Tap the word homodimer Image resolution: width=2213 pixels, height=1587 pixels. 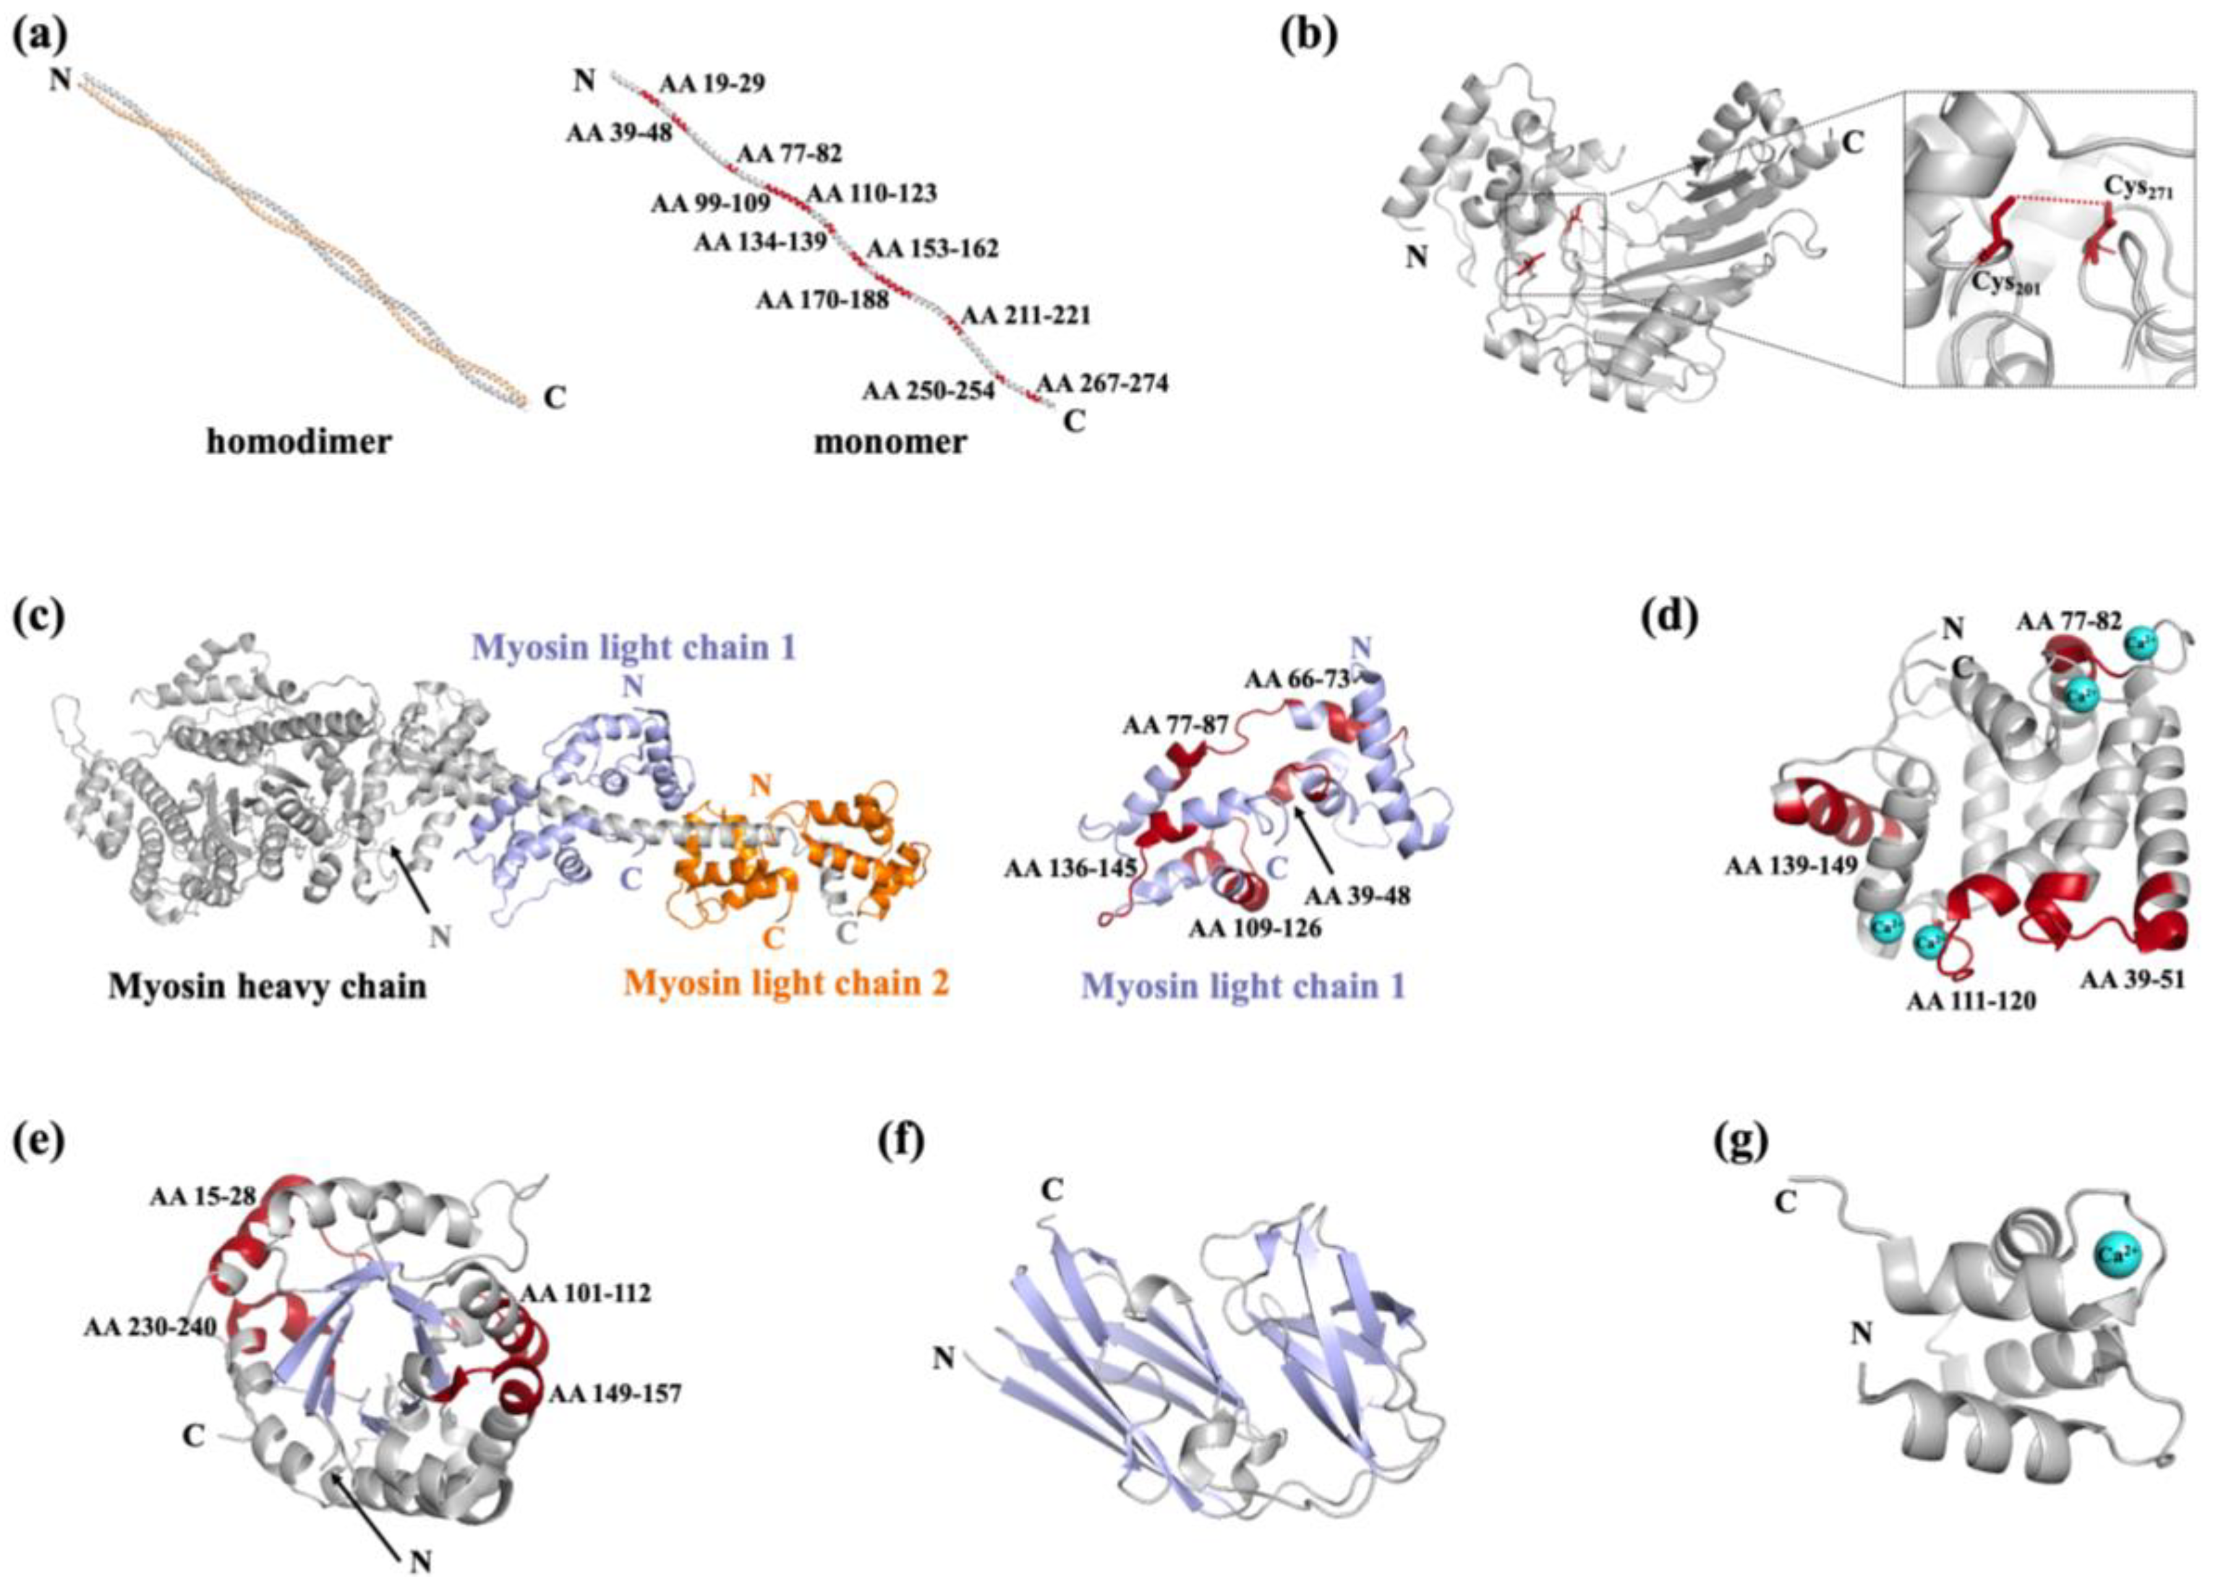point(299,442)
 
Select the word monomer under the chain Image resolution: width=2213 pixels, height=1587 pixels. point(890,442)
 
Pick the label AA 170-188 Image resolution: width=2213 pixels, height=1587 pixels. point(822,299)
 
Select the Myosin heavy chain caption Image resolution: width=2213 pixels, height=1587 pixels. point(267,986)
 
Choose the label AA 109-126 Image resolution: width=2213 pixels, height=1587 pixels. point(1255,927)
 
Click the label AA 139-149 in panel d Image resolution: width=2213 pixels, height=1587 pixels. point(1791,865)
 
